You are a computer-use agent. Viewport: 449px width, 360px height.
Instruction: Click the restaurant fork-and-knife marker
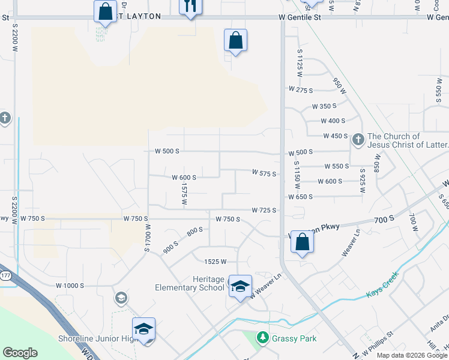coord(190,6)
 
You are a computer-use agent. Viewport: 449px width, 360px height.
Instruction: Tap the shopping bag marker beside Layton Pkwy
coord(302,242)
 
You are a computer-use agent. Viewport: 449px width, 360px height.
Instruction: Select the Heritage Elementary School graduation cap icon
coord(240,286)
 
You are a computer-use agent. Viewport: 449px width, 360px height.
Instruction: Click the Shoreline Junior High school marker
coord(143,329)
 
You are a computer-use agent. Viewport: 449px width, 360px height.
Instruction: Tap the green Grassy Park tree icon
coord(262,338)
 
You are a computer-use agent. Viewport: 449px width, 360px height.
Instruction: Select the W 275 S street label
coord(301,89)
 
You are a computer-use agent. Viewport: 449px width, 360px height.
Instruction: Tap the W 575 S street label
coord(264,174)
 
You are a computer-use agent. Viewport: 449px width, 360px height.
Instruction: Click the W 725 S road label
coord(264,210)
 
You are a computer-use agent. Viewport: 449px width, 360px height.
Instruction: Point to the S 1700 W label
coord(146,238)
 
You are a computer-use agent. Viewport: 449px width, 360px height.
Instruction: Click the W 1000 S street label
coord(70,286)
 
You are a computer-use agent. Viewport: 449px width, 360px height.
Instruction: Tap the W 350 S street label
coord(324,106)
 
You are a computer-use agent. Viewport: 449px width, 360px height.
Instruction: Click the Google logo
coord(20,353)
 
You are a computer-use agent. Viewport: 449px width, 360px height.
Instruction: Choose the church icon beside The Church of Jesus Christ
coord(358,140)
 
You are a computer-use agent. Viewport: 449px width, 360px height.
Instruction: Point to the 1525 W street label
coord(215,262)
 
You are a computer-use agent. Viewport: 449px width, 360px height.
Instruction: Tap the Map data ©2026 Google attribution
coord(412,355)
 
